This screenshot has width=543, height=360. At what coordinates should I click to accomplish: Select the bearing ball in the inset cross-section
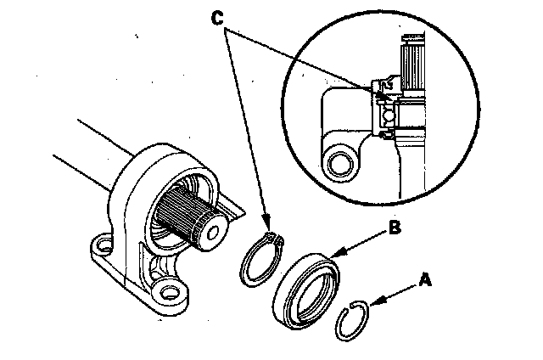point(386,112)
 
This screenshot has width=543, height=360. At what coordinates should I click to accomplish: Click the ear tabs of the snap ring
point(270,236)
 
